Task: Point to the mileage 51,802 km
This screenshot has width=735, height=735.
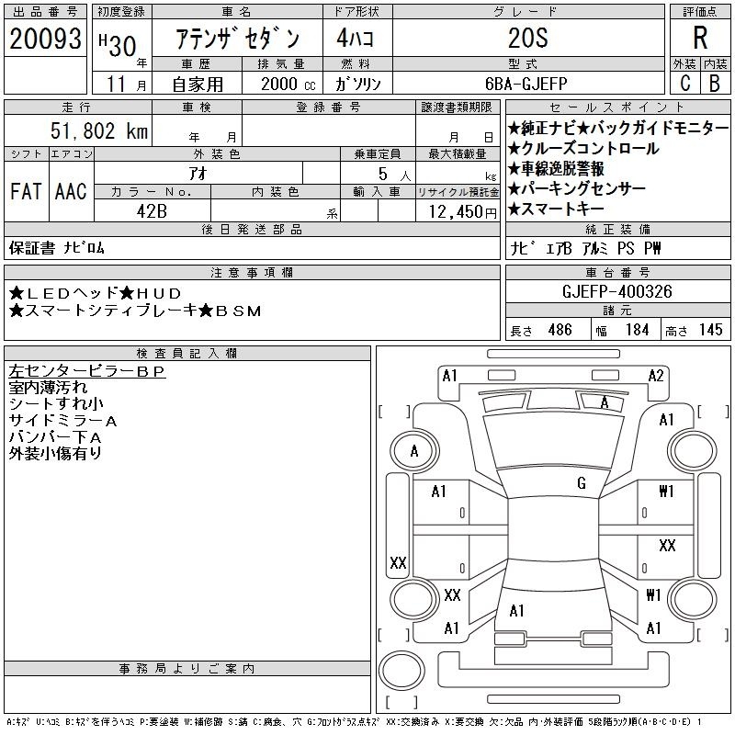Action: [x=97, y=131]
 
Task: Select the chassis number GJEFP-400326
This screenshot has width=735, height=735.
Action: [x=616, y=292]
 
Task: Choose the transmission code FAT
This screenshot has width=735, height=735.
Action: [x=26, y=192]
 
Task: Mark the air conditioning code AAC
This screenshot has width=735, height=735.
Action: [x=71, y=192]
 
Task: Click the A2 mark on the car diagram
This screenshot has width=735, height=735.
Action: [x=656, y=375]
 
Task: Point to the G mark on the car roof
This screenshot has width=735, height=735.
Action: [x=582, y=483]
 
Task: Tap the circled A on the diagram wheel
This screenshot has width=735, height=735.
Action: [x=414, y=451]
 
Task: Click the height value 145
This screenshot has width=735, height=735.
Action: [x=710, y=330]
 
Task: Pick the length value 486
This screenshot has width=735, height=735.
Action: [x=560, y=330]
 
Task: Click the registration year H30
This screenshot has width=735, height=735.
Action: [x=116, y=40]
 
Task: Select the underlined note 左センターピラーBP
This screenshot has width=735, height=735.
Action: [x=86, y=372]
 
